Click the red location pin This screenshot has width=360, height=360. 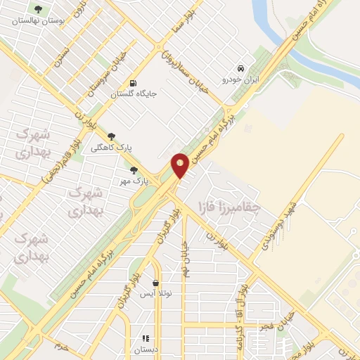click(181, 165)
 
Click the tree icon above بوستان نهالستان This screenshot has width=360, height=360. click(37, 10)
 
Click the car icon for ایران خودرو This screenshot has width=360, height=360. click(241, 69)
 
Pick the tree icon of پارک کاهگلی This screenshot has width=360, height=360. click(110, 137)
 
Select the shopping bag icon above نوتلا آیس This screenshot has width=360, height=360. click(155, 283)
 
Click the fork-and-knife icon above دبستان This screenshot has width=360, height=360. click(146, 338)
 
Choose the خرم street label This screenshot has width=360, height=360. click(62, 347)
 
